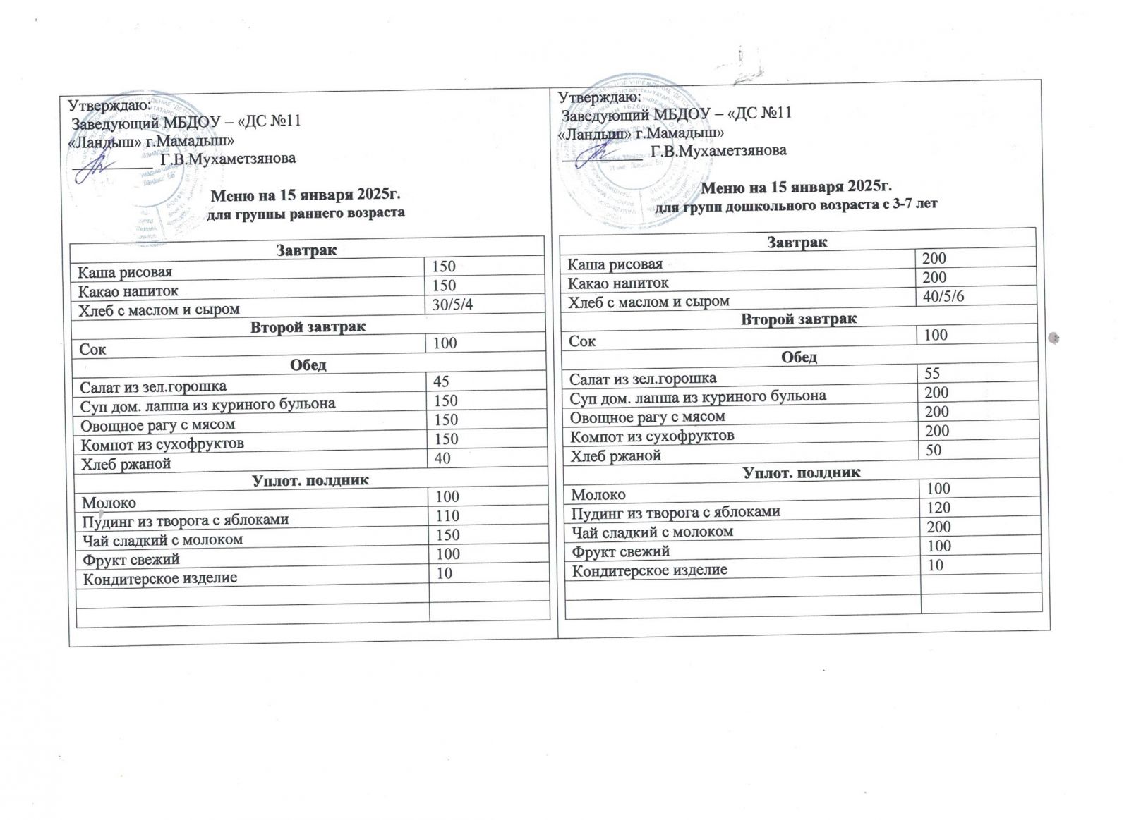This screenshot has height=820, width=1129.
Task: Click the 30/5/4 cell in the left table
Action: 452,304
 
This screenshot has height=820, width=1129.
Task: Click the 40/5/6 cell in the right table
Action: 943,296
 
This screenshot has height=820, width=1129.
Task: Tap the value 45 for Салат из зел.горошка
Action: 441,381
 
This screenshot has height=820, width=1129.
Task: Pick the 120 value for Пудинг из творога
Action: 938,508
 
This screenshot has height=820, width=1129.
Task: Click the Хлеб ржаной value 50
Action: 934,450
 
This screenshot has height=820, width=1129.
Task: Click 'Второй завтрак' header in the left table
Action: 308,327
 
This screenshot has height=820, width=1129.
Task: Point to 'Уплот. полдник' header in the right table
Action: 802,472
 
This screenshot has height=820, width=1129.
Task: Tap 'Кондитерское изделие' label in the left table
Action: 159,579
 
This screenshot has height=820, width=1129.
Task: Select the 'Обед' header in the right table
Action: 799,357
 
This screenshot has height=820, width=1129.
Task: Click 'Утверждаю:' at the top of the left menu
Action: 109,105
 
